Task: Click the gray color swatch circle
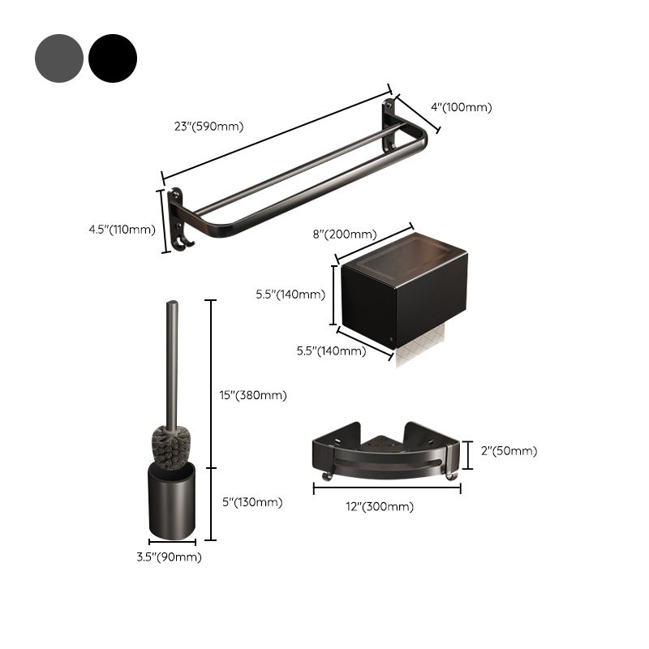(x=59, y=58)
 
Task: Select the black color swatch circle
(x=113, y=58)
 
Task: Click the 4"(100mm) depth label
(x=461, y=106)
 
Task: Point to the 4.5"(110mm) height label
(x=122, y=230)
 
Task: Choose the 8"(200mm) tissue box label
(x=345, y=234)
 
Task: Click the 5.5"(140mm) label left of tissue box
(x=289, y=294)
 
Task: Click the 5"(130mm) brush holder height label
(x=253, y=502)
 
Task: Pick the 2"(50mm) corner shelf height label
(x=509, y=451)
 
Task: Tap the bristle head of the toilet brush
(x=171, y=446)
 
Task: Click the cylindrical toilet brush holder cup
(x=171, y=503)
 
